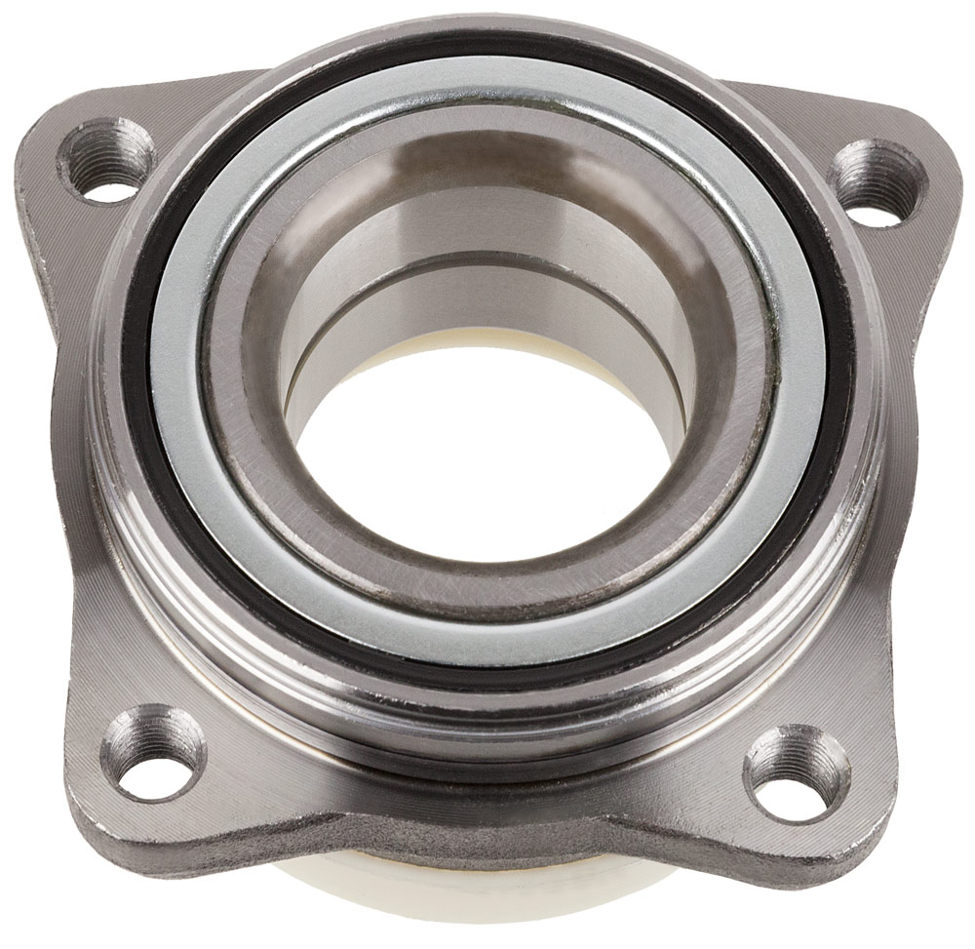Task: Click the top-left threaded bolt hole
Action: click(x=108, y=162)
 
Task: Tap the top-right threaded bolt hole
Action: click(x=877, y=183)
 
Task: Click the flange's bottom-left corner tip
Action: click(x=83, y=819)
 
